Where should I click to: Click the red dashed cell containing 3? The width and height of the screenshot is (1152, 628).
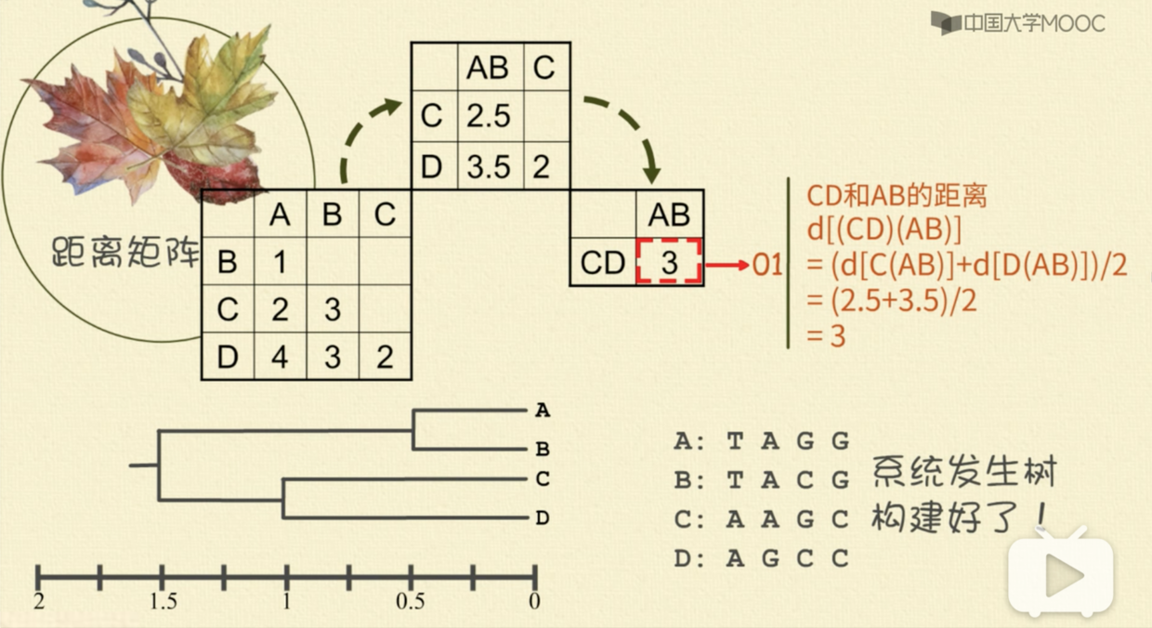(x=669, y=263)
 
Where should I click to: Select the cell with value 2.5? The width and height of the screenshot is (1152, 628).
(x=489, y=117)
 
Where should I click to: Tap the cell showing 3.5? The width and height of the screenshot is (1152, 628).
(x=489, y=167)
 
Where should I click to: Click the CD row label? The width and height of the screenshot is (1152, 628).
(x=602, y=263)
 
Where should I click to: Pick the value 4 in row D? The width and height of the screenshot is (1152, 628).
(x=281, y=358)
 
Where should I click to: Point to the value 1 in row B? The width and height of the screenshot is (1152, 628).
(x=281, y=263)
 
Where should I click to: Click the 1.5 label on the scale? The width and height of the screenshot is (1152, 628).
(x=163, y=602)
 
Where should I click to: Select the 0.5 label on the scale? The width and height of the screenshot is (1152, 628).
(x=411, y=602)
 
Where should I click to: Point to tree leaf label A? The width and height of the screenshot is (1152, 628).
(x=543, y=410)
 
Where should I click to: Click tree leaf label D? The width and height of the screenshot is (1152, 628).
(x=543, y=518)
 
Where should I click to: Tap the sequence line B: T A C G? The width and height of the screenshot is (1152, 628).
(x=762, y=480)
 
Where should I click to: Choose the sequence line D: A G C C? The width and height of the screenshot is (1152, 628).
(x=762, y=558)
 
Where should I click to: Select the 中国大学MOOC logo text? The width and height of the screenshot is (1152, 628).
(x=1031, y=23)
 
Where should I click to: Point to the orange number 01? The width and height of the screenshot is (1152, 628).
(x=768, y=266)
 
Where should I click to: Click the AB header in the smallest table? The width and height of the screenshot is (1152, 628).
(x=669, y=215)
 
